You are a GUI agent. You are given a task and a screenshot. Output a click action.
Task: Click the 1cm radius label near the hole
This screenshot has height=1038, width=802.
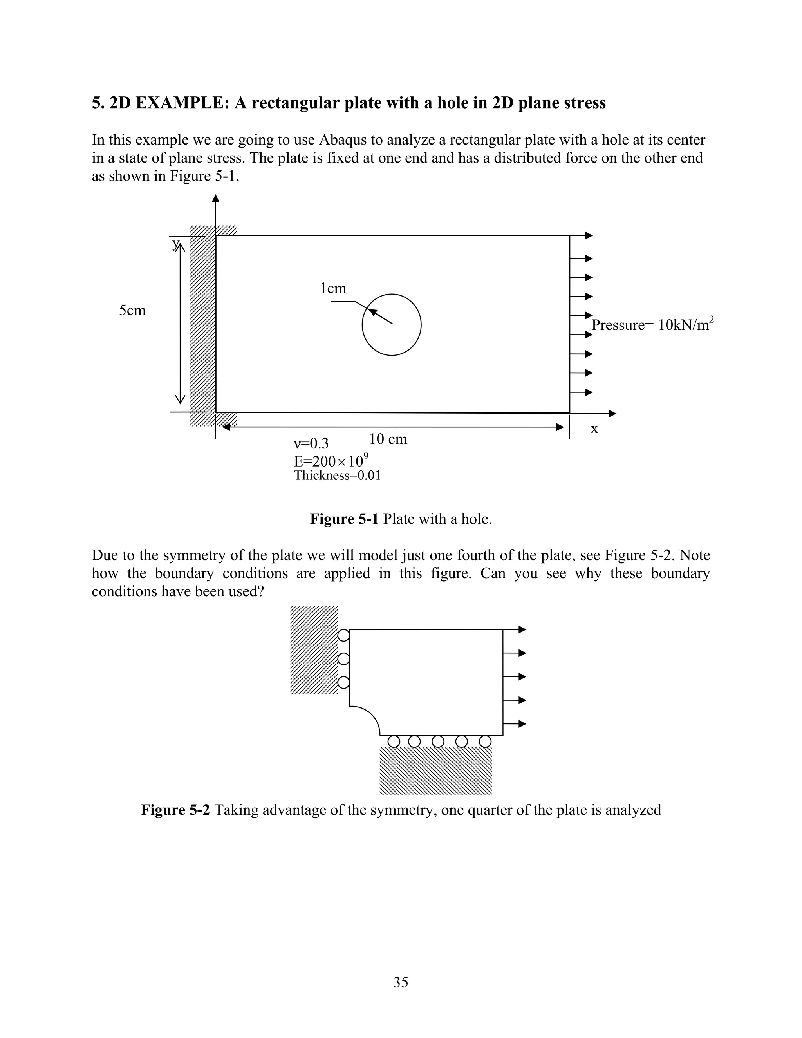[333, 289]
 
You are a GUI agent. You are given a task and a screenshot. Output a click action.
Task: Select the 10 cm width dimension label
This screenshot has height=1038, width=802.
[388, 439]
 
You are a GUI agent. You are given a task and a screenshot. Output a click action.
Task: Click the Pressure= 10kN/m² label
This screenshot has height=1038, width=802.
[652, 325]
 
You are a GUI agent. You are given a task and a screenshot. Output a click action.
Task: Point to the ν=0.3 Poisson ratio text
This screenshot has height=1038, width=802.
[311, 444]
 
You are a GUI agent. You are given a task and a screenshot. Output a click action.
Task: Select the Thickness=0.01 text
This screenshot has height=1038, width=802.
[337, 476]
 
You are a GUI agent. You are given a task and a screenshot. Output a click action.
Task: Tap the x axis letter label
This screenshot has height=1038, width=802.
[594, 429]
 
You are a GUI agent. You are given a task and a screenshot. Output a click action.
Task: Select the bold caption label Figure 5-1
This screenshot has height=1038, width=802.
[344, 519]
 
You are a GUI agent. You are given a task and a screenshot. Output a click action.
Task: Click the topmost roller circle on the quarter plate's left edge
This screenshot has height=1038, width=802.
[343, 635]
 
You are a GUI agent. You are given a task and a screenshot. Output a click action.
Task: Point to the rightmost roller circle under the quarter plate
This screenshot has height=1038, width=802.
[485, 741]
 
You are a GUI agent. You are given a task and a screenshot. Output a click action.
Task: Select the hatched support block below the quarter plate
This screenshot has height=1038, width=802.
[436, 771]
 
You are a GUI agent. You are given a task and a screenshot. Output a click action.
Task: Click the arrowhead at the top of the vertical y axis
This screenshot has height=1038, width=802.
[216, 198]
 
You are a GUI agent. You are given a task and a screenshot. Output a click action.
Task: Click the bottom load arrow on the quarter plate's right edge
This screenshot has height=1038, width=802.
[515, 724]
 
